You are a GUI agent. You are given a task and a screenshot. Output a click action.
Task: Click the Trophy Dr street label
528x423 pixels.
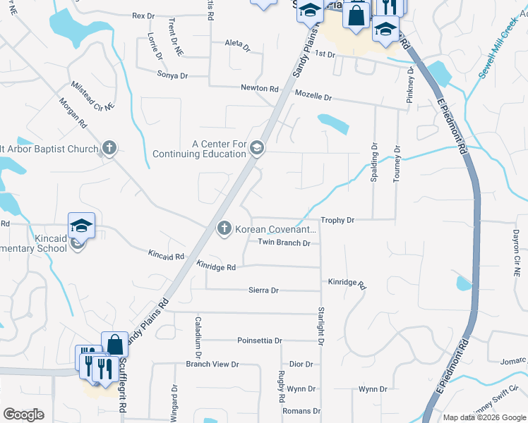click(x=337, y=221)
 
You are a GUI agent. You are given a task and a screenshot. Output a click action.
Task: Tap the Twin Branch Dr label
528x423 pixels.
click(x=284, y=243)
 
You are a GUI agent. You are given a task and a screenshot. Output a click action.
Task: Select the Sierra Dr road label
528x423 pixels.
click(x=264, y=290)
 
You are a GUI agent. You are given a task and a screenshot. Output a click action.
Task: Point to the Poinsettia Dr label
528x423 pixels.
click(x=260, y=341)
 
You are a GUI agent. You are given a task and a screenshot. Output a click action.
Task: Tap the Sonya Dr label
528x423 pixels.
click(x=173, y=75)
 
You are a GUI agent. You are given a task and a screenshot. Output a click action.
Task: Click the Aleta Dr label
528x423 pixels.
click(x=237, y=44)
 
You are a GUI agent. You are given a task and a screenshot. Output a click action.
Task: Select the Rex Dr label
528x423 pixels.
click(x=143, y=16)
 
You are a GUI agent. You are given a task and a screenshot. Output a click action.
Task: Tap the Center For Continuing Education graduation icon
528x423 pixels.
click(x=257, y=147)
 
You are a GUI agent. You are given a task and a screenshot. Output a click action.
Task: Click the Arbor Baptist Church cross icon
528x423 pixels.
click(x=109, y=148)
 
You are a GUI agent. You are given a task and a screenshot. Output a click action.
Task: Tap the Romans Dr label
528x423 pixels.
click(x=296, y=410)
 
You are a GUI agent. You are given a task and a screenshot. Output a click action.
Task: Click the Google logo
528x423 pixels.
click(x=23, y=415)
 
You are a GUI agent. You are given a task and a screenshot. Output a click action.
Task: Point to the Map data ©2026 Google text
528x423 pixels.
click(x=484, y=417)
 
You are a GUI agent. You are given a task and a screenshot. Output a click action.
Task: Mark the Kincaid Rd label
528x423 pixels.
click(x=166, y=255)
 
